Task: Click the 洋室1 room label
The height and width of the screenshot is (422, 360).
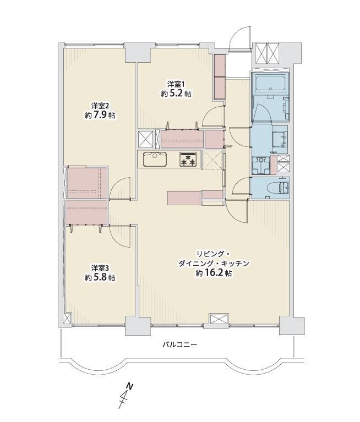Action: coord(177,84)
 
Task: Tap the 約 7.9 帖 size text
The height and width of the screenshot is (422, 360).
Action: coord(100,115)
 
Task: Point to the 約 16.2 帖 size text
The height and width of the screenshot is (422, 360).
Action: coord(214,273)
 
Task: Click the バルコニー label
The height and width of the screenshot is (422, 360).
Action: coord(179,344)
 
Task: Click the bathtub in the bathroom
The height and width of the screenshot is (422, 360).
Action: coord(270,83)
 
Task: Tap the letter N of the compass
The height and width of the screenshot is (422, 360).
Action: coord(130,387)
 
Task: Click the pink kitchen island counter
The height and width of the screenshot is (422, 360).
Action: coord(184,198)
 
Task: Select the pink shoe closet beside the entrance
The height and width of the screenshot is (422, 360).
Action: coord(220,76)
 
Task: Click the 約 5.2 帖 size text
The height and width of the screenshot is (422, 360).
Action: coord(177,94)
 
